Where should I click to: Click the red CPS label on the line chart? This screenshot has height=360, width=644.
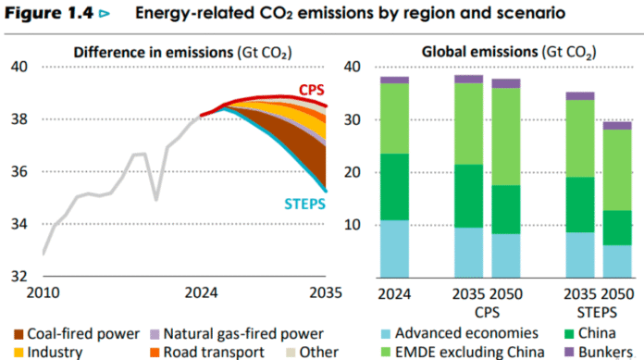click(310, 90)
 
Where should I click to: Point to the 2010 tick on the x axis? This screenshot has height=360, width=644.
click(43, 293)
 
